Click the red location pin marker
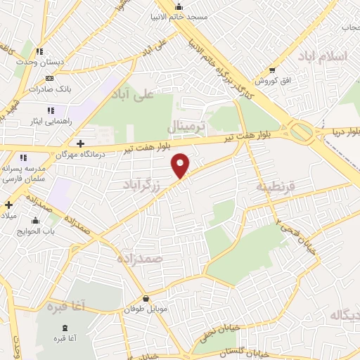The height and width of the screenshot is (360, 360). [181, 165]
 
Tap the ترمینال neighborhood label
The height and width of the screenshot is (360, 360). [188, 127]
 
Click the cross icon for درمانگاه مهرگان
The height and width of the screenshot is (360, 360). [81, 143]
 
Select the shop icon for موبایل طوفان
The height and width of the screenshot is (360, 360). [146, 299]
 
